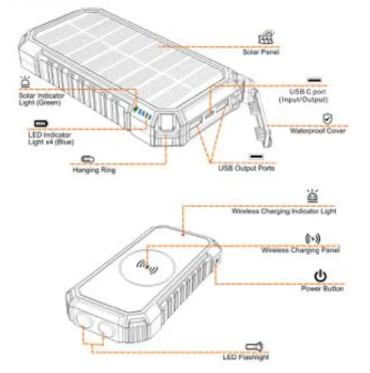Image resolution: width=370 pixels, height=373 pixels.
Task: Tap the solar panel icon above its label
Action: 267,37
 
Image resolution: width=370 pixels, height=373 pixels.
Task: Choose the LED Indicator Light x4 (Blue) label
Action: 50,138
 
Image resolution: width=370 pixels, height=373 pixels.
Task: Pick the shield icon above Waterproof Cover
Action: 327,118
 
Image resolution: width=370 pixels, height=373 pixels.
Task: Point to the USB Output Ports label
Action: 246,168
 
